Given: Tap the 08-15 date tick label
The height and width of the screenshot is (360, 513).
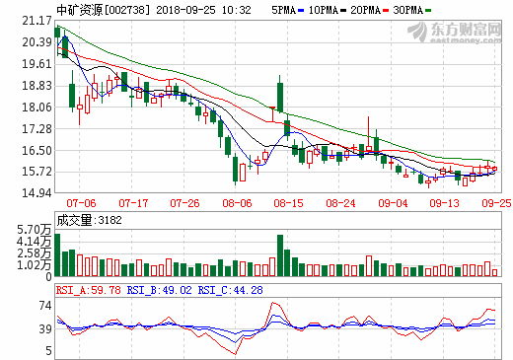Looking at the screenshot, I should click(x=288, y=202).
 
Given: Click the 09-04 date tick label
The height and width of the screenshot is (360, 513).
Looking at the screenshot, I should click(x=394, y=202).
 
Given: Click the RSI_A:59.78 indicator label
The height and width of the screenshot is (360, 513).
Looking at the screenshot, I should click(x=91, y=290).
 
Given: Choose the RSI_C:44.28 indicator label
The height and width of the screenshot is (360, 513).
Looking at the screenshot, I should click(x=231, y=290).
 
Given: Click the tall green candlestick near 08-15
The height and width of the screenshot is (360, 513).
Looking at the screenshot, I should click(x=280, y=97).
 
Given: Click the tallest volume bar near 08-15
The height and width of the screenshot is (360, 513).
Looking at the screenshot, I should click(x=280, y=255).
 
